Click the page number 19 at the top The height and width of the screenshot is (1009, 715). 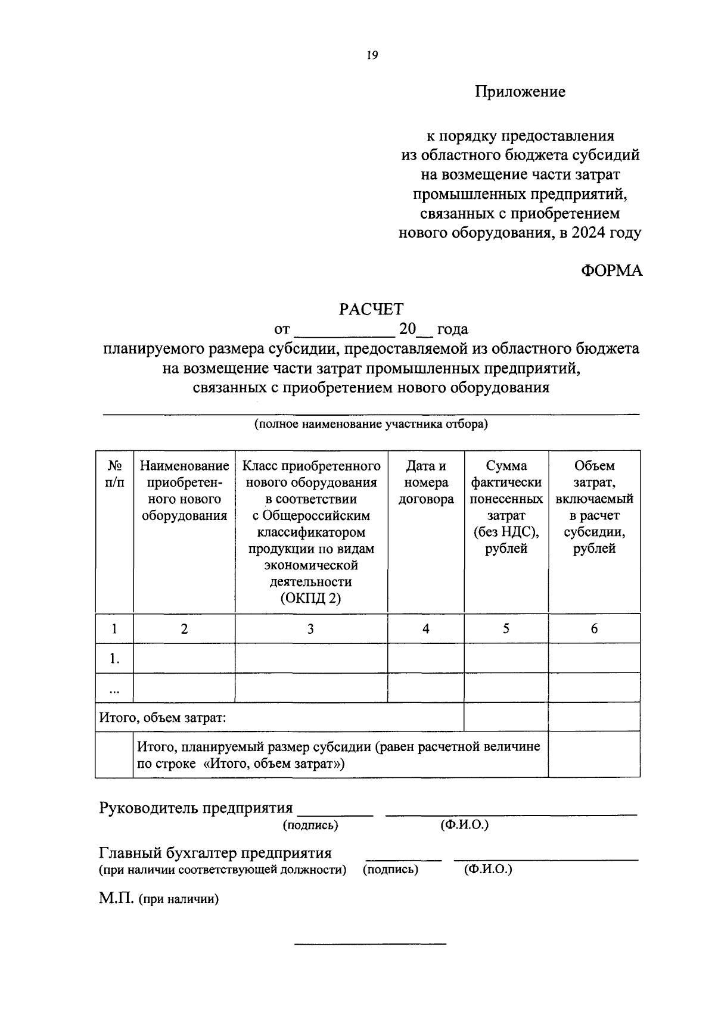pos(372,55)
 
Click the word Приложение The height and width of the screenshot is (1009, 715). pos(520,92)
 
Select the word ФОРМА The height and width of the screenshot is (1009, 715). pos(611,270)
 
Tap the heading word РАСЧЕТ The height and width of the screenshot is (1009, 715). pos(371,309)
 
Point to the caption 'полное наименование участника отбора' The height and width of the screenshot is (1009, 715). pos(371,425)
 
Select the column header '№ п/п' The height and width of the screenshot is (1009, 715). pos(114,474)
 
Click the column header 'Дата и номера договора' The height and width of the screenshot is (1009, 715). pos(425,482)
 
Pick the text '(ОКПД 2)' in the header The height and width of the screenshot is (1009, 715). pos(310,599)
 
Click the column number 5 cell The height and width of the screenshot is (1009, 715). pos(506,628)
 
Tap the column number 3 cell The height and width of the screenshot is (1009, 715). pos(310,628)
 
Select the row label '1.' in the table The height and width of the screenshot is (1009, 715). pos(114,659)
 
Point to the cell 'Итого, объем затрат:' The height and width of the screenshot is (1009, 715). pos(163,718)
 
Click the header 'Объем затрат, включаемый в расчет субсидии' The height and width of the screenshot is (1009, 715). pos(594,507)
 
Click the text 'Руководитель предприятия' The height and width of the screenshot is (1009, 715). pos(196,808)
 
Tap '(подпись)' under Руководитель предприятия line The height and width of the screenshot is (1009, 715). pos(310,826)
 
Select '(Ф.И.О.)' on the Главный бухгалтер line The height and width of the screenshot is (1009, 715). pos(488,870)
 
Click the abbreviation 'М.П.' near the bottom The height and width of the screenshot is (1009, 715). pos(117,898)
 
